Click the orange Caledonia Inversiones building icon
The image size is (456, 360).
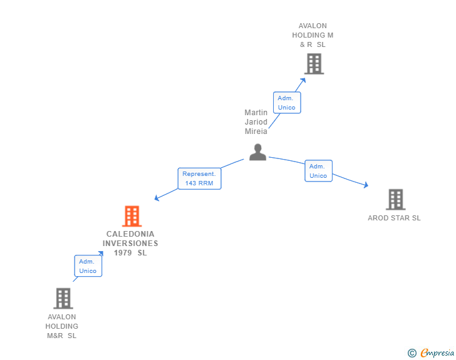[132, 216]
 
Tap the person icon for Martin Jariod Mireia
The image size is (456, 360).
[257, 152]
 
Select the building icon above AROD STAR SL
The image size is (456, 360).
[395, 200]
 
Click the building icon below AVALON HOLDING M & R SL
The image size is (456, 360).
[314, 64]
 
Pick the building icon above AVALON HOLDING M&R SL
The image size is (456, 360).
[63, 299]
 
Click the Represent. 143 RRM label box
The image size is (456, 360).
[199, 178]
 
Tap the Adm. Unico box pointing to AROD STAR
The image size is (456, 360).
[318, 171]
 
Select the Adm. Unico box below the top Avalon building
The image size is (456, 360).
[287, 103]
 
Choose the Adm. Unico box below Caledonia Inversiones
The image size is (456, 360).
[88, 266]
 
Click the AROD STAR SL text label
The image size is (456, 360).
[394, 218]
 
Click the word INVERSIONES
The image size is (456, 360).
[130, 244]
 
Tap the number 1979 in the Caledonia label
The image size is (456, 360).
[123, 253]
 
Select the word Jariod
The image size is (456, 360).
[256, 122]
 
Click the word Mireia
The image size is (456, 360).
[256, 131]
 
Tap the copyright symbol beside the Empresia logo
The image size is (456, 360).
[412, 353]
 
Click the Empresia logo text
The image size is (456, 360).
[437, 353]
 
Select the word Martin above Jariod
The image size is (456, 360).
[256, 113]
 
